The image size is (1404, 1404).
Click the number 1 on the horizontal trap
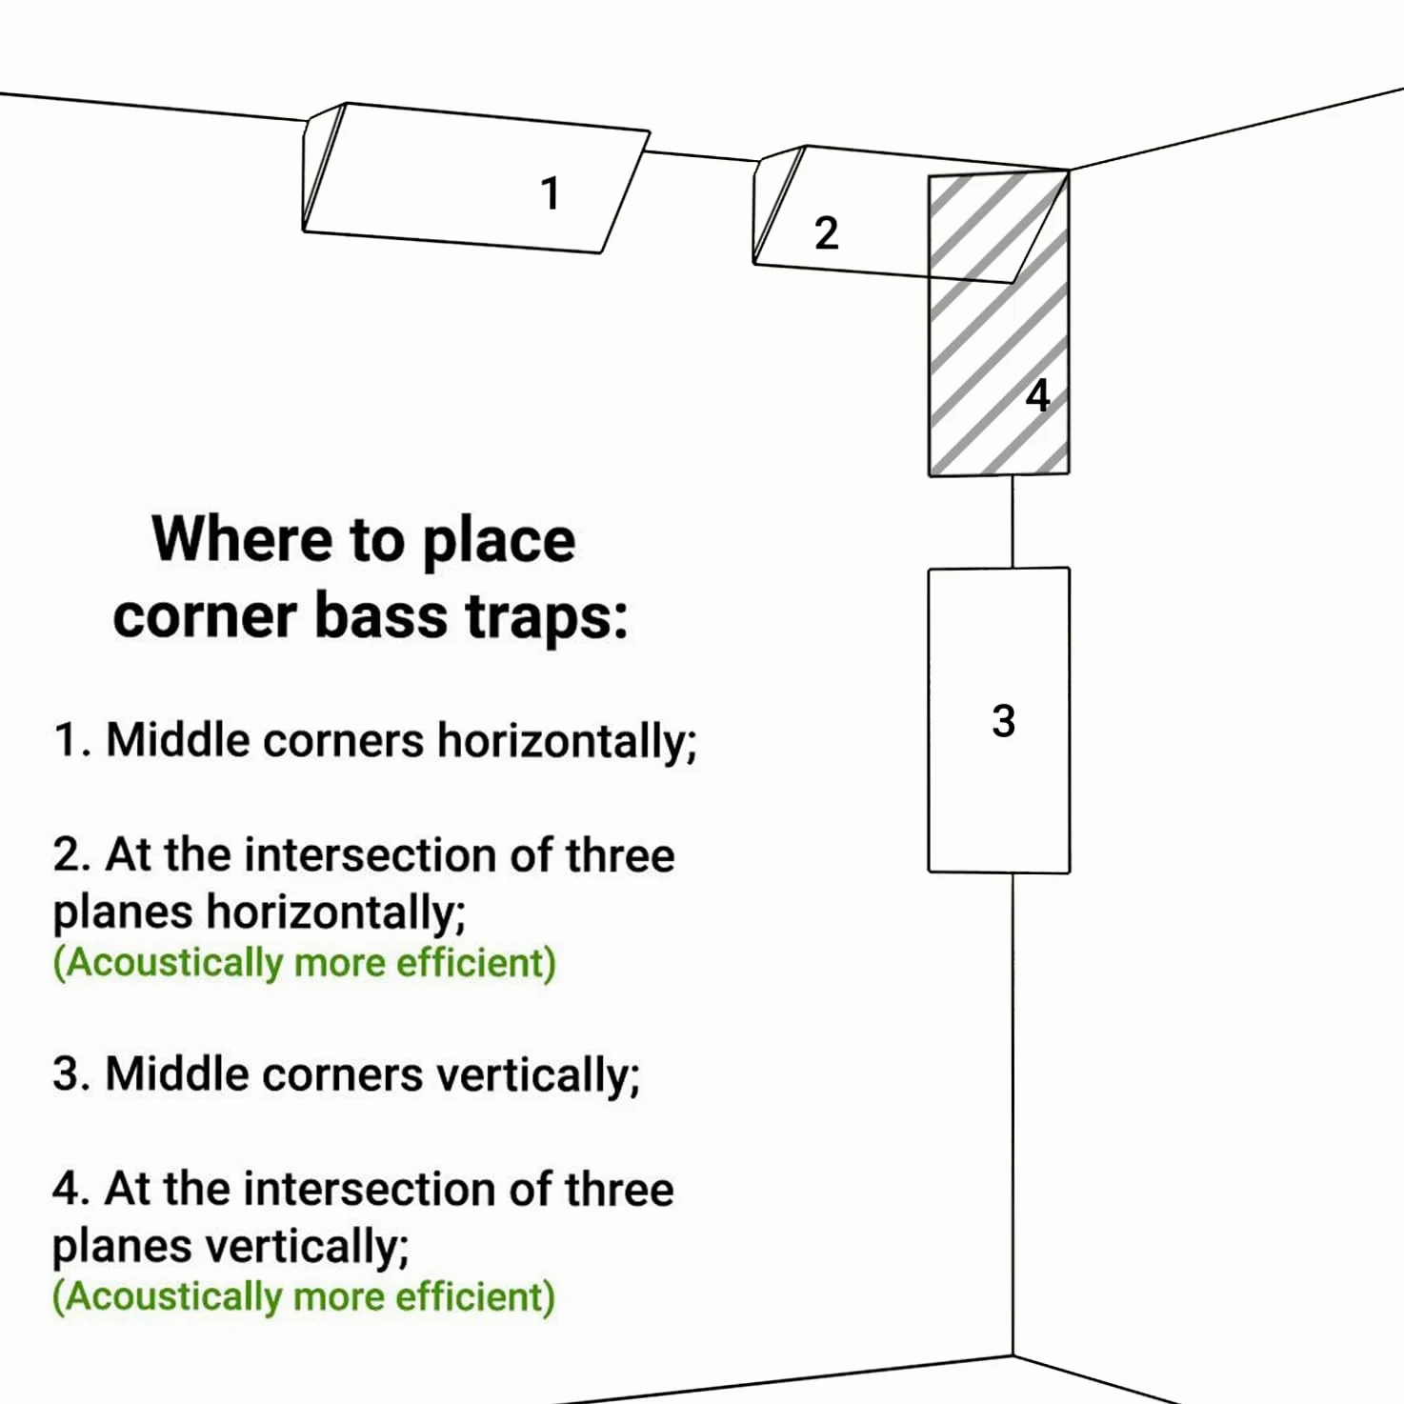coord(551,193)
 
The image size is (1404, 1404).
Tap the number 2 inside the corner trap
coord(826,233)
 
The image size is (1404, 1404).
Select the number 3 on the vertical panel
coord(1003,721)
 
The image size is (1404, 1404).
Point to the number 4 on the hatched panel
coord(1037,395)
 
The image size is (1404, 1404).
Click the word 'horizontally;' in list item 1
coord(567,742)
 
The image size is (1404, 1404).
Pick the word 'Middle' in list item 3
coord(177,1074)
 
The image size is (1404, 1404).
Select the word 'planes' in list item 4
coord(122,1248)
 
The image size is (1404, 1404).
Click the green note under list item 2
coord(305,963)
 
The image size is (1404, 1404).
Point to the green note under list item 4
coord(304,1297)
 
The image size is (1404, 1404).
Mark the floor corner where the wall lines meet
coord(1013,1356)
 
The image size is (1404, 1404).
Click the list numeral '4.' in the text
coord(71,1190)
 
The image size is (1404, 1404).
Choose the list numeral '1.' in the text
coord(72,741)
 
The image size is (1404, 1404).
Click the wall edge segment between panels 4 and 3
coord(1013,522)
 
